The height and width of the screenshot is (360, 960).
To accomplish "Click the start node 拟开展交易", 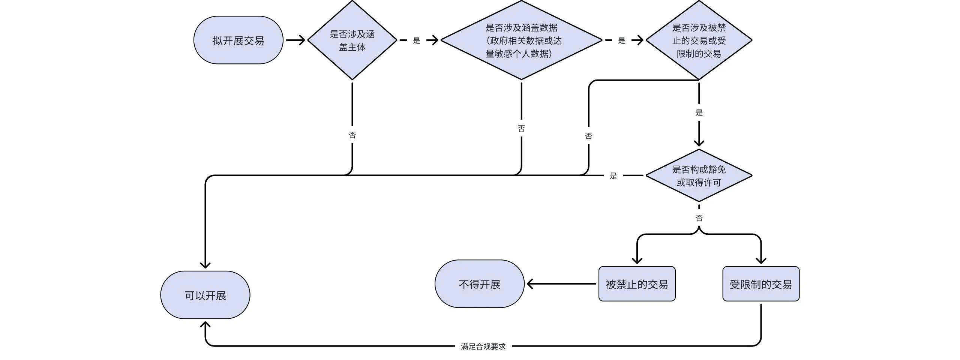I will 238,40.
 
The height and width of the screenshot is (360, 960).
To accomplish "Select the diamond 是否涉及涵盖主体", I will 352,40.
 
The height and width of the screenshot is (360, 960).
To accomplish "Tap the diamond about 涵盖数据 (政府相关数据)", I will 521,40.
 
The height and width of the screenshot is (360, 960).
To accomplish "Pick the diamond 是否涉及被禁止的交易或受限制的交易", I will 699,40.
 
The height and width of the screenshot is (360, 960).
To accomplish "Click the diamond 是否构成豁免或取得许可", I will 699,175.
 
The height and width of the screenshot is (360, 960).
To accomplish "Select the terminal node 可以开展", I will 205,295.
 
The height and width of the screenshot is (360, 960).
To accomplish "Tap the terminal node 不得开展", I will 479,284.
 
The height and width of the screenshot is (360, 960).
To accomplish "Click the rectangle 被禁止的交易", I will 637,284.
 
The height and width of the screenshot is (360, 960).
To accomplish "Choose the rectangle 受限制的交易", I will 760,284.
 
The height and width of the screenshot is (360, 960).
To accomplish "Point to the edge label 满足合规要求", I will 483,346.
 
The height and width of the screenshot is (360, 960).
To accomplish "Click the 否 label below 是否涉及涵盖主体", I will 352,135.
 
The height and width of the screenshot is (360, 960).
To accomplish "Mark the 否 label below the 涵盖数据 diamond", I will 521,129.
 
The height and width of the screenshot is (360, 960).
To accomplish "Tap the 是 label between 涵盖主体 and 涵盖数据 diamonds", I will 417,40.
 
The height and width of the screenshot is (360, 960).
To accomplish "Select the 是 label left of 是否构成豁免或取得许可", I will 613,176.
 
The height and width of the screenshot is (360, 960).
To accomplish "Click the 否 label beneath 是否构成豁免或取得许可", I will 699,218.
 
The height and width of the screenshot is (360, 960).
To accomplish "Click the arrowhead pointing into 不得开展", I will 530,284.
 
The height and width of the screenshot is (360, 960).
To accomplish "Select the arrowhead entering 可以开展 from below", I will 205,325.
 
